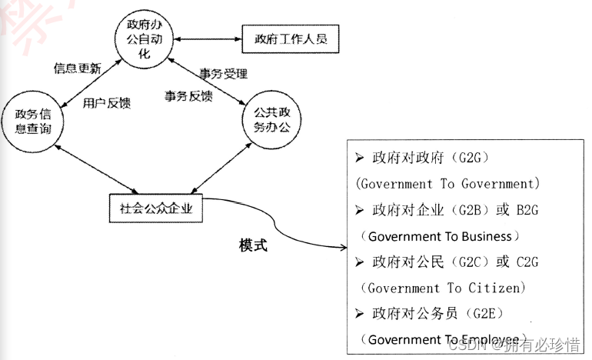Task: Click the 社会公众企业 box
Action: click(157, 208)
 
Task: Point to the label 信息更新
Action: click(77, 68)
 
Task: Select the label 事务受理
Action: click(223, 74)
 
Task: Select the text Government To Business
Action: click(444, 235)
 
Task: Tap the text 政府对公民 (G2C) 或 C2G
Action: click(454, 262)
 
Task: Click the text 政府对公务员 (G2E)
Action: click(437, 313)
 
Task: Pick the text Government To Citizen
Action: click(444, 288)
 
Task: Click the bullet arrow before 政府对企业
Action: click(360, 209)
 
